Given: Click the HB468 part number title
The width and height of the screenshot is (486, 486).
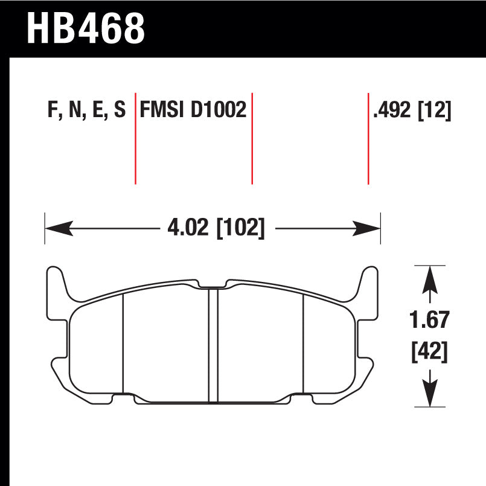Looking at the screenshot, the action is tap(86, 28).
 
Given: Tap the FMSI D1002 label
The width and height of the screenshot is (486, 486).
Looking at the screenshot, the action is tap(193, 109).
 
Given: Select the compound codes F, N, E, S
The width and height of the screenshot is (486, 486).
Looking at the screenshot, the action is tap(87, 110).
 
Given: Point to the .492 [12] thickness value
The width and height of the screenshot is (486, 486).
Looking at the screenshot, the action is tap(412, 110).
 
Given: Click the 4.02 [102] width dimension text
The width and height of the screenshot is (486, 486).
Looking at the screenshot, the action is tap(216, 228).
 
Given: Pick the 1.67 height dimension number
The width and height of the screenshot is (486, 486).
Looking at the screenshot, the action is tap(429, 319).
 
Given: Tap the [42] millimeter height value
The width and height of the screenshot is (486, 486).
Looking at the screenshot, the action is tap(430, 352).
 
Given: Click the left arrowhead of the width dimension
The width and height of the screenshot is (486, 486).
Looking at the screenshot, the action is tap(59, 228).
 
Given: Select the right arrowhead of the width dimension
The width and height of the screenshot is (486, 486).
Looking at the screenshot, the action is tap(366, 228).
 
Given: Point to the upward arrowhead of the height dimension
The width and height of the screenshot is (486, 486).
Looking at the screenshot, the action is tap(430, 280).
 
